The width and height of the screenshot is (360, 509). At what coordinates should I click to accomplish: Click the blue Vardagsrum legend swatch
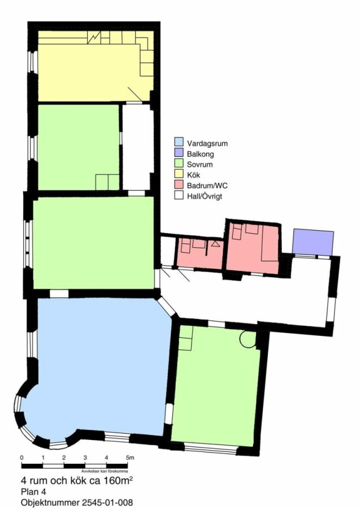pos(179,142)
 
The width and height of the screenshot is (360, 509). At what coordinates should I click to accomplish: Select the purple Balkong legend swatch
pos(179,153)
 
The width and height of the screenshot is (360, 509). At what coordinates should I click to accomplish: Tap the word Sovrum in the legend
pos(200,164)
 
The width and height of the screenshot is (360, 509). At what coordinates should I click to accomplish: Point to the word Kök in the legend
pos(194,175)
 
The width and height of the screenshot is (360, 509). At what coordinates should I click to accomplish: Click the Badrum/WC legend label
pos(207,186)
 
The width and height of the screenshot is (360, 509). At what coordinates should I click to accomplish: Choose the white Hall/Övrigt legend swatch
pos(179,196)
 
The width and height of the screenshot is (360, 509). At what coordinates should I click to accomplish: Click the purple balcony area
pos(313,242)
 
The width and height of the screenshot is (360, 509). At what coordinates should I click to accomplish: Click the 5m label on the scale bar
pos(130,458)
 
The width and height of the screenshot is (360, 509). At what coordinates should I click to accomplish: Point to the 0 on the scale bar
pos(21,458)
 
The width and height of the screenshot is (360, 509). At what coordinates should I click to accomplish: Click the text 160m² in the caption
pos(118,480)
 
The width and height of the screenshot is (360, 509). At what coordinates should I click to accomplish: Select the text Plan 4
pos(33,491)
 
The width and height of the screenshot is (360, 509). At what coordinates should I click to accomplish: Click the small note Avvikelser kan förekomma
pos(104,471)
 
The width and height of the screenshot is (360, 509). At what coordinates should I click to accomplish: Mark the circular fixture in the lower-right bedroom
pos(248,339)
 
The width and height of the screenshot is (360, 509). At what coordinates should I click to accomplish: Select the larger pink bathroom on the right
pos(252,248)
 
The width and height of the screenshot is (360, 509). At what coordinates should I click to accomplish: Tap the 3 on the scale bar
pos(85,458)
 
